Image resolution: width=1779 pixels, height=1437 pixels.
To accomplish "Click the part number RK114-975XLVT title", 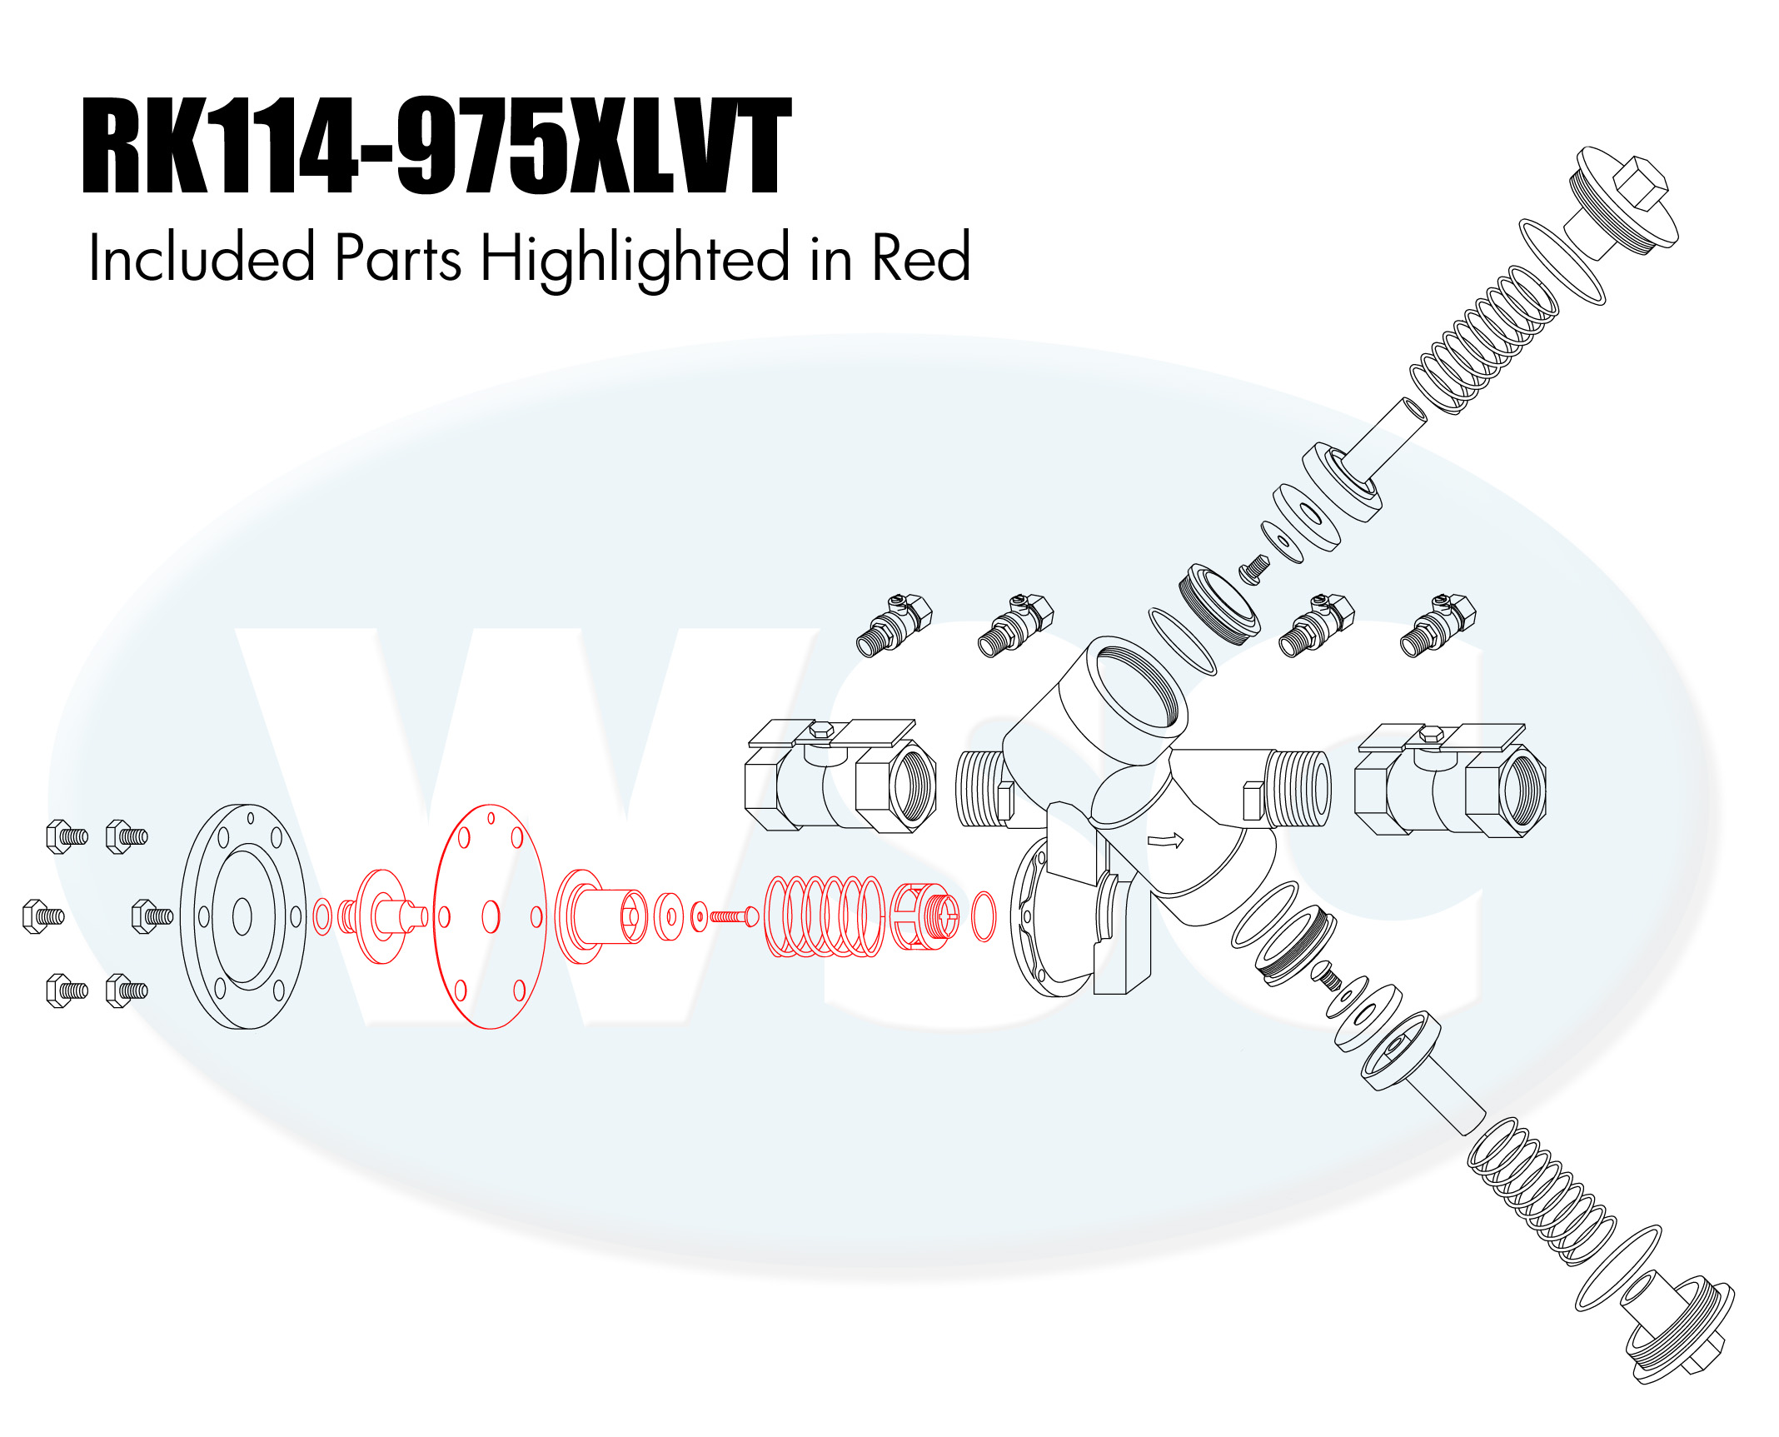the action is tap(436, 146).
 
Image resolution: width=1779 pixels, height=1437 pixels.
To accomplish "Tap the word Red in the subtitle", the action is tap(920, 257).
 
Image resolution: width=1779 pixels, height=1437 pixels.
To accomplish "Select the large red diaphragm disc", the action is tap(490, 916).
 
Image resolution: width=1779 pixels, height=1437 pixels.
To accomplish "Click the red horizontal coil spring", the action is tap(824, 916).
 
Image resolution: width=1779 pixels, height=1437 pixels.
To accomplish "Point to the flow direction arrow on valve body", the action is tap(1166, 841).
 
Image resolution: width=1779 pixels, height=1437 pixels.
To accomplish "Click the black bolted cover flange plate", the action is tap(243, 916).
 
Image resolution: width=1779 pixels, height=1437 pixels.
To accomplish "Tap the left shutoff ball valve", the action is tap(840, 776).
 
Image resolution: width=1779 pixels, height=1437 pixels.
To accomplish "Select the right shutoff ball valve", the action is tap(1450, 780).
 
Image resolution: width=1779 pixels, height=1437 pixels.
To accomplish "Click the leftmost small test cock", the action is tap(894, 625).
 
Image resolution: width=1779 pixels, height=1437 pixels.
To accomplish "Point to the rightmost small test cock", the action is tap(1438, 625).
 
